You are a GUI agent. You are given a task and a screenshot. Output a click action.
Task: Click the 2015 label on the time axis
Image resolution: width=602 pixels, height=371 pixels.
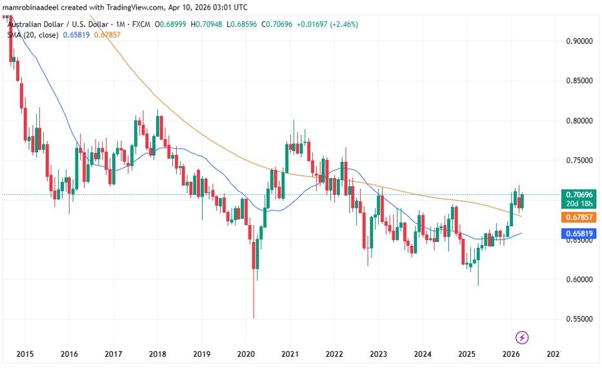(x=25, y=354)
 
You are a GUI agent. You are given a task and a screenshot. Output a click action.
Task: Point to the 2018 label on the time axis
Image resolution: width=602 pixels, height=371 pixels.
(x=157, y=354)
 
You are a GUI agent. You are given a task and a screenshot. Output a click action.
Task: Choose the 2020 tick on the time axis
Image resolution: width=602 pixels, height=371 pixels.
(x=246, y=354)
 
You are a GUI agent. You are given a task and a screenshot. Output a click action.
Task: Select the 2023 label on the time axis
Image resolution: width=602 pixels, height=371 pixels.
(x=378, y=354)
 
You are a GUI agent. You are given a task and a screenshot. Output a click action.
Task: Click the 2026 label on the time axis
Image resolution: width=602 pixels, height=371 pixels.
(x=510, y=354)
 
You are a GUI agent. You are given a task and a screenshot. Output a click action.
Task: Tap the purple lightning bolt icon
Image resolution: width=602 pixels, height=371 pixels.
(x=523, y=337)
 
